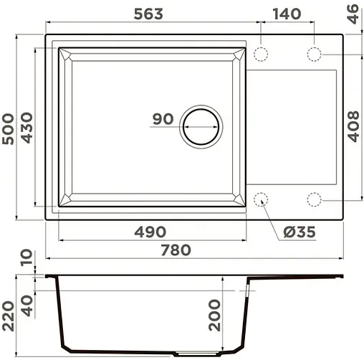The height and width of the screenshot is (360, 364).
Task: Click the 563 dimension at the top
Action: click(147, 14)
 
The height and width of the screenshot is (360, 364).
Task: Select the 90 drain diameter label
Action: click(163, 119)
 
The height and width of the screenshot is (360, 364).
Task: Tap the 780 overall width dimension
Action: click(175, 250)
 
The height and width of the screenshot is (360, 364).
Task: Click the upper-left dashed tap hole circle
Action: click(262, 54)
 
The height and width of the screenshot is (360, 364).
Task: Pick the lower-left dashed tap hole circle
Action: click(262, 199)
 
